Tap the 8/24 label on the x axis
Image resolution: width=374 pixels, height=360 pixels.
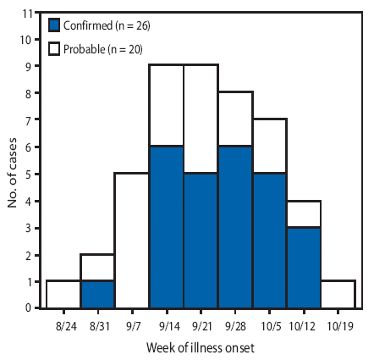click(x=63, y=325)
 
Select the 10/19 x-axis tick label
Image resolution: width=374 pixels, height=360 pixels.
click(x=338, y=325)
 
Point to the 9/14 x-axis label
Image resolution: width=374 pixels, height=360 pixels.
click(x=167, y=325)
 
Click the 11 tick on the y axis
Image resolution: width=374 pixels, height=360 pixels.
click(x=30, y=13)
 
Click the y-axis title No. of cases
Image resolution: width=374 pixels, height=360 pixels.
click(x=13, y=161)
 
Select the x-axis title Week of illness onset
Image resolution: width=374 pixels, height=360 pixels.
click(x=201, y=348)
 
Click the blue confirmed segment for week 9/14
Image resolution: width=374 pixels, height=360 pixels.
click(x=167, y=227)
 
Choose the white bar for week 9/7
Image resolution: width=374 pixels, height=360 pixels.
click(x=132, y=241)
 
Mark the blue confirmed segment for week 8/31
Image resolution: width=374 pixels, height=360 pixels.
click(x=98, y=294)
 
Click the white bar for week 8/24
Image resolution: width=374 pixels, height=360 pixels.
click(x=63, y=294)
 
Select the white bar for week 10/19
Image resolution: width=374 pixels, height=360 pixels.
click(x=338, y=294)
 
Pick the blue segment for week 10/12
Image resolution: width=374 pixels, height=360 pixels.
click(x=304, y=267)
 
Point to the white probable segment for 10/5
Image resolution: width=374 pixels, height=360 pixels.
click(x=269, y=146)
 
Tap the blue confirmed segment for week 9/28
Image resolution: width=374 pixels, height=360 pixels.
click(x=235, y=227)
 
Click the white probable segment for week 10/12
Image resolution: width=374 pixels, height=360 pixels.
click(x=304, y=213)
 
